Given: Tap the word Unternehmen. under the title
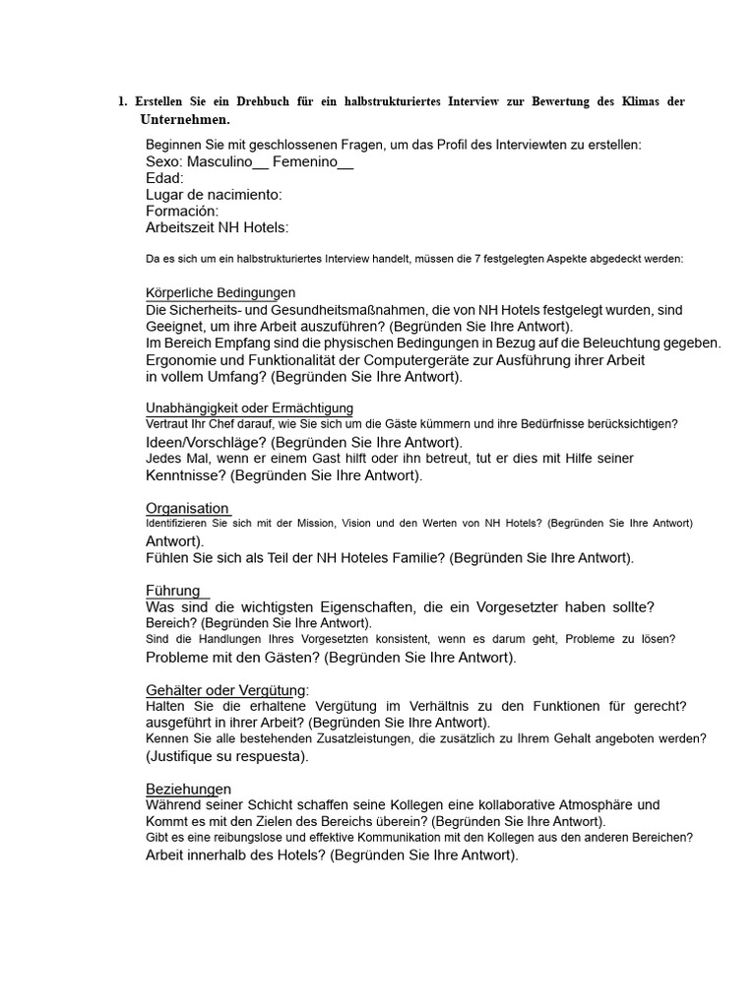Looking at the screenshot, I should [x=185, y=119].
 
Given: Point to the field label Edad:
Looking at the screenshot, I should [x=164, y=178].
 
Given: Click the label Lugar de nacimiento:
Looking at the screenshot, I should [x=214, y=195].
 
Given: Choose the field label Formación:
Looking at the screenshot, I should [x=182, y=211].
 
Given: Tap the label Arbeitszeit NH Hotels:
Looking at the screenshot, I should [x=218, y=227].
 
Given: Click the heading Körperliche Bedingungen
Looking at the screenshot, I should [x=220, y=293].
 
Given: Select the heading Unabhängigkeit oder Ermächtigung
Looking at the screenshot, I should [x=250, y=408].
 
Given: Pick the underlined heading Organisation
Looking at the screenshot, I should [x=187, y=508].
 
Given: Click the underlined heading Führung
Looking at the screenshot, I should [x=173, y=591].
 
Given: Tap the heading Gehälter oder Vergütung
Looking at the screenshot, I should [x=226, y=690].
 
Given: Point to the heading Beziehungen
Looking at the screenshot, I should [x=189, y=788].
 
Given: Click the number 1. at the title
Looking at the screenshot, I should [x=122, y=102].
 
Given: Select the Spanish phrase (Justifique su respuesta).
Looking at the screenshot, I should [x=227, y=756].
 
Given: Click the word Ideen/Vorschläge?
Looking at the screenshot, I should [x=206, y=442].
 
